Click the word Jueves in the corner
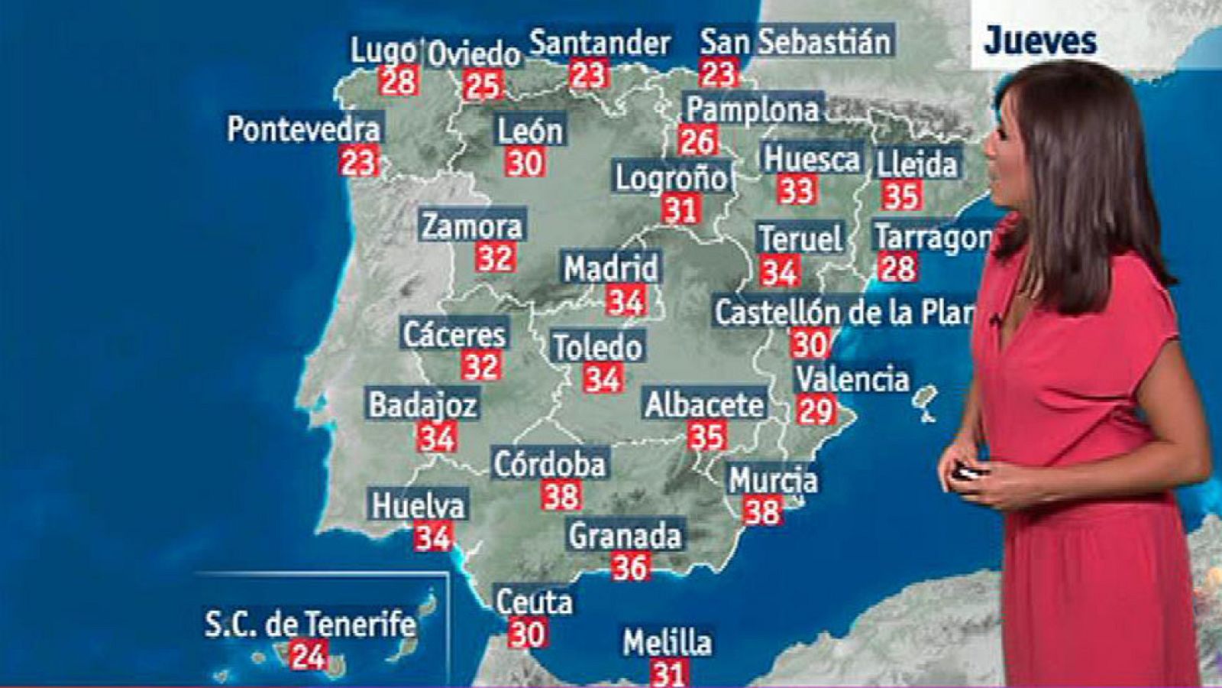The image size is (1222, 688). (x=1039, y=41)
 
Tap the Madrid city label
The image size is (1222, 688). (x=610, y=268)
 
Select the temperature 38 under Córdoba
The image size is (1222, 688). (x=561, y=496)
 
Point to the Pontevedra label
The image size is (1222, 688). (x=303, y=128)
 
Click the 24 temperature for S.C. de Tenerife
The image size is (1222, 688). (x=309, y=656)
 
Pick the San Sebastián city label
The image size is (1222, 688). (x=796, y=41)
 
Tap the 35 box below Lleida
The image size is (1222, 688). (x=900, y=196)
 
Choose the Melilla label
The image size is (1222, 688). (x=667, y=643)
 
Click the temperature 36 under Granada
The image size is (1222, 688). (x=630, y=567)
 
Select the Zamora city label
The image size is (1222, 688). (x=472, y=226)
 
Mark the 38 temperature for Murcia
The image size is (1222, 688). (x=762, y=511)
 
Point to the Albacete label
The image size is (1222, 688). (x=704, y=404)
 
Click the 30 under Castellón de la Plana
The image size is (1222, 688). (x=809, y=344)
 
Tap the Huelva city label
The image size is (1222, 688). (x=418, y=505)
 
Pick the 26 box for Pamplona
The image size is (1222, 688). (x=697, y=141)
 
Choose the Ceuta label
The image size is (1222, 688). (x=534, y=602)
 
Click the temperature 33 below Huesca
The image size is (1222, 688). (x=797, y=190)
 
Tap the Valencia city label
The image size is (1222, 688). (x=852, y=379)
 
